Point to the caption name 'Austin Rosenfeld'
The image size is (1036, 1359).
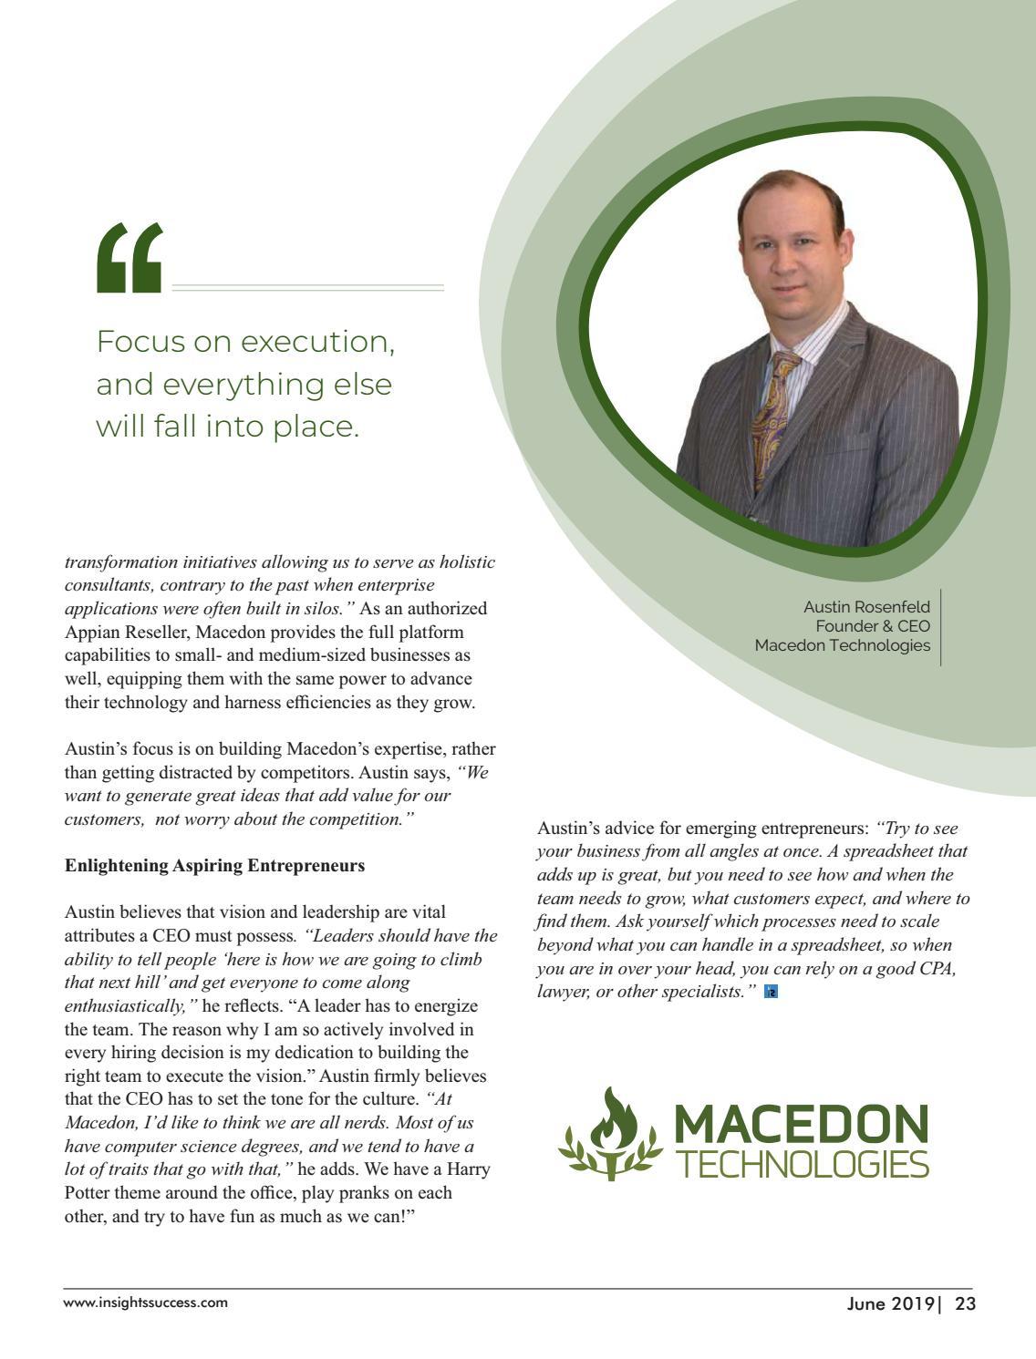[x=866, y=607]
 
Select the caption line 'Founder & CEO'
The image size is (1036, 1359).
[x=872, y=626]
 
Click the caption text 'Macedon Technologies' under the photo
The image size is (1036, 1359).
[x=843, y=645]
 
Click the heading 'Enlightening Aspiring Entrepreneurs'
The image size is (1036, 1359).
[x=214, y=865]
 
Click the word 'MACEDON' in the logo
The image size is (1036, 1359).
[x=800, y=1126]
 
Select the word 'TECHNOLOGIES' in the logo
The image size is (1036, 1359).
[x=800, y=1164]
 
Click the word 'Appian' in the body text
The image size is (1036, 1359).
[x=90, y=632]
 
